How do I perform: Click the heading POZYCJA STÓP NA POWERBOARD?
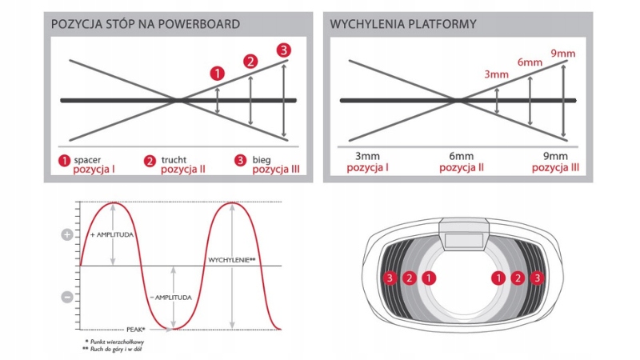tap(145, 24)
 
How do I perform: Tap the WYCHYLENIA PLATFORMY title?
tap(403, 24)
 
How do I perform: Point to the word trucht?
tap(174, 159)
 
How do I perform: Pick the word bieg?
tap(262, 159)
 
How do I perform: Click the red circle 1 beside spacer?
tap(64, 161)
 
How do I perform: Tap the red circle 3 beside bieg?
tap(240, 161)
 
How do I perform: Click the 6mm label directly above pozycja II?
tap(461, 156)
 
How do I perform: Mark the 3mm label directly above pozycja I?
tap(367, 156)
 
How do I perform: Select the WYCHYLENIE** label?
tap(232, 260)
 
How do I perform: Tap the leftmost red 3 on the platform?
tap(390, 278)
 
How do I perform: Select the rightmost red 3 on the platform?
tap(538, 278)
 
